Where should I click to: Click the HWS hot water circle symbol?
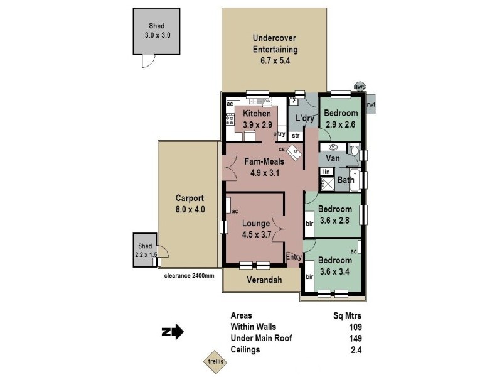[360, 87]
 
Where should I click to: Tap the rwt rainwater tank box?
[371, 105]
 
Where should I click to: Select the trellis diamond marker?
[212, 361]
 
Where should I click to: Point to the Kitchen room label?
[257, 114]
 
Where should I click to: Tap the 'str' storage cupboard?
[296, 135]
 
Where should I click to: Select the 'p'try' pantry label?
[279, 134]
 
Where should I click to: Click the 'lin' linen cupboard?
[326, 171]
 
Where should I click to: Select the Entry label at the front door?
[294, 257]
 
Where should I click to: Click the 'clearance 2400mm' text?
[188, 275]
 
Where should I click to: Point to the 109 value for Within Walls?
[355, 327]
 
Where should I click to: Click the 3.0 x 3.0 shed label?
[157, 31]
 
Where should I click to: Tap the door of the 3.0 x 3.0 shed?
[148, 61]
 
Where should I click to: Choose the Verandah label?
[262, 280]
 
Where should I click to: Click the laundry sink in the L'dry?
[293, 101]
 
